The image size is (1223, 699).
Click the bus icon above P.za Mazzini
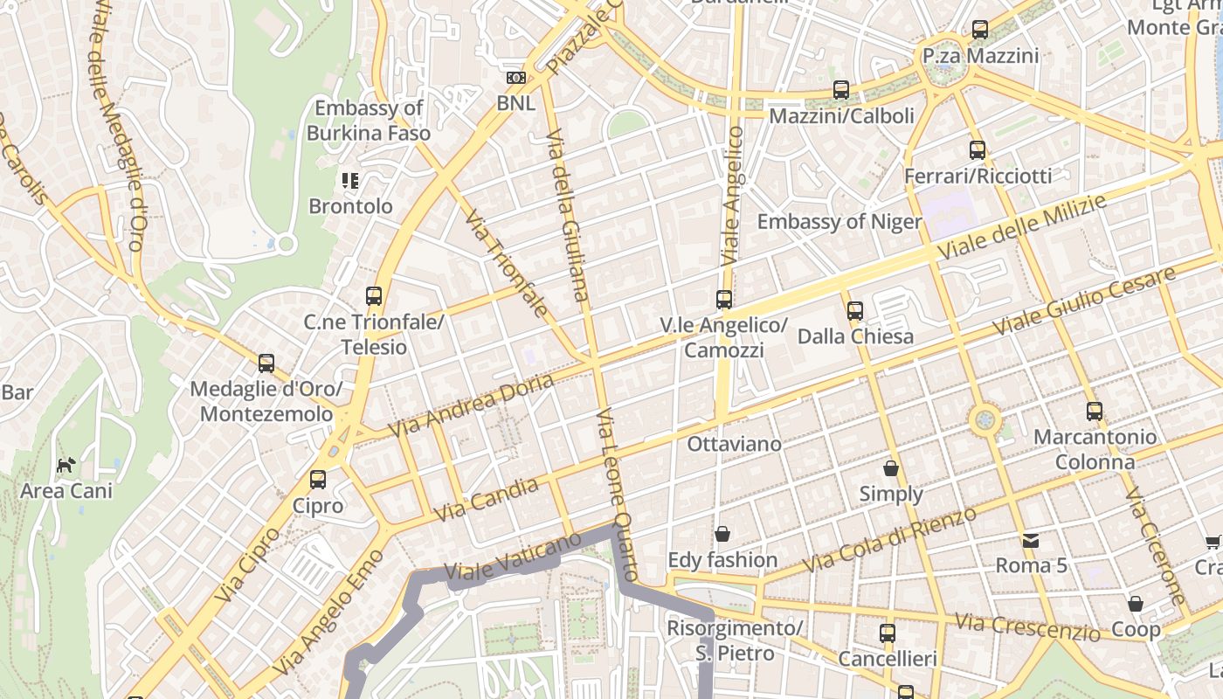[979, 30]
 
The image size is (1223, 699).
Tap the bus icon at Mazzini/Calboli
[841, 89]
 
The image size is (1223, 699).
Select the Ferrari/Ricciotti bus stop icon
[978, 150]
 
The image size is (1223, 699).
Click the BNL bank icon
[515, 78]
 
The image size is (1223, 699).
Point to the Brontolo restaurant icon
[350, 181]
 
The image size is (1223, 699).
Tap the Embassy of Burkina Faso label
[369, 121]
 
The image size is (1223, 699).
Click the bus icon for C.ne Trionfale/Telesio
[374, 296]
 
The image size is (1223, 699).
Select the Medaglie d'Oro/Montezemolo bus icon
[266, 363]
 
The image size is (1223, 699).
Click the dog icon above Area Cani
[66, 465]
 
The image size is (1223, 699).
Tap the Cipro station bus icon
[318, 480]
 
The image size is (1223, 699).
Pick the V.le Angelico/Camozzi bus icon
[724, 300]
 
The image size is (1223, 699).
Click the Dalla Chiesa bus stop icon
[855, 310]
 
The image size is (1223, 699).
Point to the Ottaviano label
[734, 444]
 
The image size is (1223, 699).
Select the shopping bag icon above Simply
[891, 468]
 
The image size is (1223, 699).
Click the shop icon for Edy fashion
[722, 533]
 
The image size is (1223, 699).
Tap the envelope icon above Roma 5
[1031, 540]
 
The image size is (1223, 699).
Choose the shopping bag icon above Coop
[1135, 603]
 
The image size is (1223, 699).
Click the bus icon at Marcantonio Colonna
[1095, 411]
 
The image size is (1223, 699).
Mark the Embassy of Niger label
[839, 222]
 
